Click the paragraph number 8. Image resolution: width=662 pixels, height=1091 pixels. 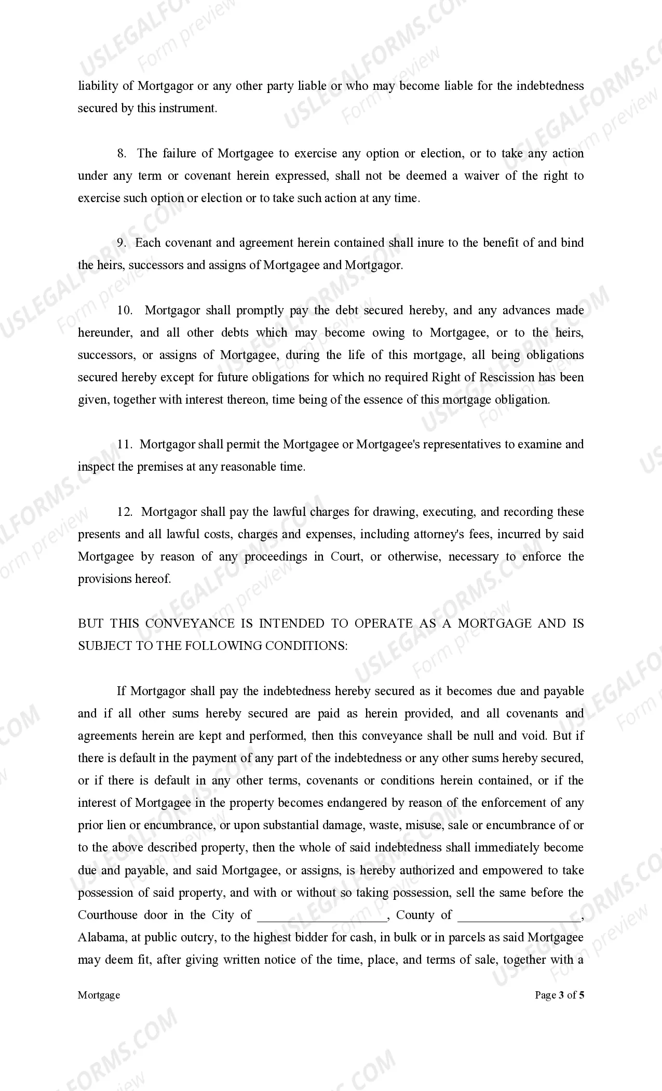point(121,154)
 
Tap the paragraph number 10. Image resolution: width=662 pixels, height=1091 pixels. point(125,311)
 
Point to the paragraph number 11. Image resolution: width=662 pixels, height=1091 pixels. point(125,445)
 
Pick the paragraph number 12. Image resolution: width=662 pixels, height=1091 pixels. point(125,512)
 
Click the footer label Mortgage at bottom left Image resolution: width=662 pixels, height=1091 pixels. point(99,995)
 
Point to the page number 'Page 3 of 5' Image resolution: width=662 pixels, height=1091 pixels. point(559,995)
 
